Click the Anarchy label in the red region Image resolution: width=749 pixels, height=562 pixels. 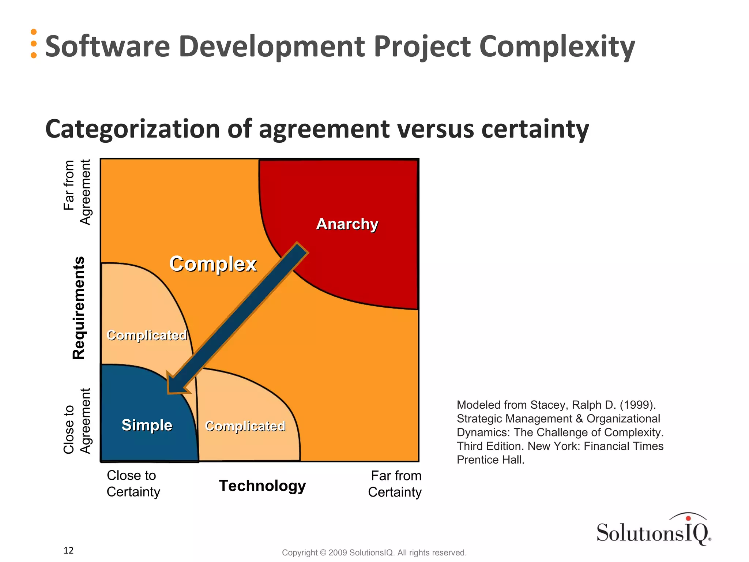(347, 224)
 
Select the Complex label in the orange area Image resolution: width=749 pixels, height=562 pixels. (213, 264)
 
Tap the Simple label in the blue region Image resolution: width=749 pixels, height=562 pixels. (147, 425)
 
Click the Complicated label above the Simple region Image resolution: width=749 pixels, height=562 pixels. (147, 335)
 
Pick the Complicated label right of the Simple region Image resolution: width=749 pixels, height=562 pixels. (245, 426)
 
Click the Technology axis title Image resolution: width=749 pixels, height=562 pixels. (262, 486)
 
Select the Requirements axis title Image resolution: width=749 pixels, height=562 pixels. (79, 308)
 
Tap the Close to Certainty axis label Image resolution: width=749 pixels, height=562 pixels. (133, 483)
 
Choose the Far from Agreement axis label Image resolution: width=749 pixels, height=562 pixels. (77, 192)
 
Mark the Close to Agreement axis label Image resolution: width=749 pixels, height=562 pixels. (77, 421)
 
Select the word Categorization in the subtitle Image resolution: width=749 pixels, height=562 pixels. (131, 129)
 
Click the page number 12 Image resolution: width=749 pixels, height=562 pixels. (68, 550)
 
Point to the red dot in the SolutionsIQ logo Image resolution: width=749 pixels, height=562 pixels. (688, 518)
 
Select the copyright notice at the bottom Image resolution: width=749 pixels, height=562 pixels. (374, 552)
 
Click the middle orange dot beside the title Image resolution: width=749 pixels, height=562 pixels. (34, 44)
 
